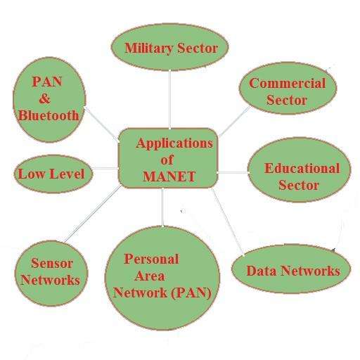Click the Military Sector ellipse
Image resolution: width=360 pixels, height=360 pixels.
coord(169,47)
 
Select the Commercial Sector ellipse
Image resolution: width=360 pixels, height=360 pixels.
coord(288,89)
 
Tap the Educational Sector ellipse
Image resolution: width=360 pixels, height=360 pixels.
coord(299,169)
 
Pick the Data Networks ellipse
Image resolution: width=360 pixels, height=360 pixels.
coord(291,269)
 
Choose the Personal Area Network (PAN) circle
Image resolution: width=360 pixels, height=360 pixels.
coord(162,278)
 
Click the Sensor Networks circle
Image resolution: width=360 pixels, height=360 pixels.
coord(51,274)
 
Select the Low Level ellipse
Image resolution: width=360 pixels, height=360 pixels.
coord(53,174)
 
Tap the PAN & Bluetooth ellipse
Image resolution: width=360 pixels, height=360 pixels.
coord(49,100)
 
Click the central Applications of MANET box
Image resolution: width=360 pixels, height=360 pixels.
coord(168,158)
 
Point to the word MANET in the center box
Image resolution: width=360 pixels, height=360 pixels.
coord(169,176)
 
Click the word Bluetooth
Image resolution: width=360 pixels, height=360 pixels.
coord(49,115)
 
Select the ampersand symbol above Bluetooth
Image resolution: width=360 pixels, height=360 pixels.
coord(44,98)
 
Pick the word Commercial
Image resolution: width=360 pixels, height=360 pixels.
coord(288,83)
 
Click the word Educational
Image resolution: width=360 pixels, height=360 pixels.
coord(302,168)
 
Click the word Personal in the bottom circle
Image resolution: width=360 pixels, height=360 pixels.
coord(151,259)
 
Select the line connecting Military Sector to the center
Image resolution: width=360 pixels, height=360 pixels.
coord(169,99)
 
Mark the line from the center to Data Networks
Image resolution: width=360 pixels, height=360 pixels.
coord(228,221)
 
